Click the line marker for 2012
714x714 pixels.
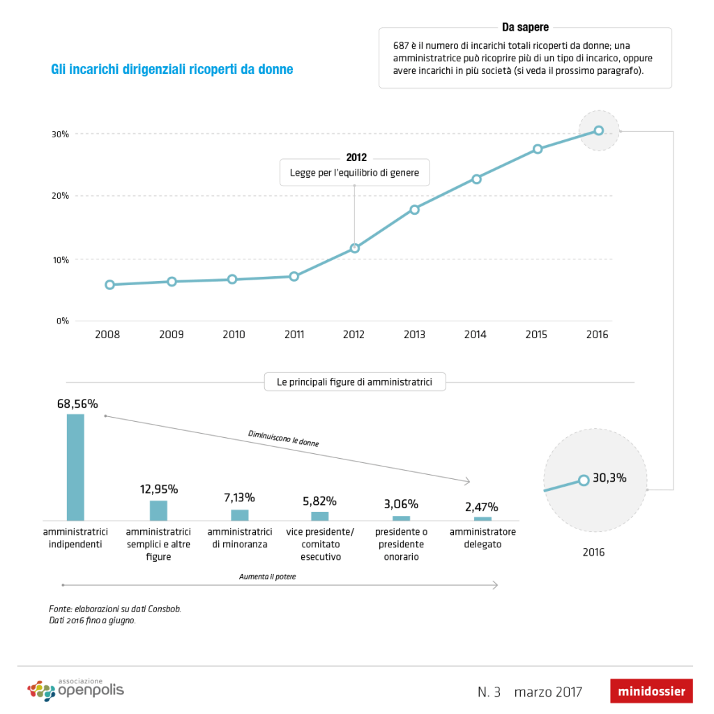[355, 248]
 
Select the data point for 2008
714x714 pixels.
[109, 284]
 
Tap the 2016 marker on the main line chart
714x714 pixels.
[598, 130]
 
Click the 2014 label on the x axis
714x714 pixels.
[475, 335]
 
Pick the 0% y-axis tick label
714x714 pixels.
[62, 321]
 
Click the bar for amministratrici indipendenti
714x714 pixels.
[75, 466]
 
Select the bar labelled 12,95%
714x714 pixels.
[158, 510]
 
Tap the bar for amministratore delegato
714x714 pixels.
[483, 519]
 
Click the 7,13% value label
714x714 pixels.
[239, 498]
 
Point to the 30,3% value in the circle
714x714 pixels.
[609, 478]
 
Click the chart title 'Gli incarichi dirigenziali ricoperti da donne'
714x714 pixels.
[172, 70]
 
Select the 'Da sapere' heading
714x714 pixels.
[525, 27]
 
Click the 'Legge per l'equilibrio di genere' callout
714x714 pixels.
[354, 172]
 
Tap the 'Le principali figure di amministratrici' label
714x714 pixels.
[355, 382]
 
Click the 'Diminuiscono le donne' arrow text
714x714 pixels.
[278, 438]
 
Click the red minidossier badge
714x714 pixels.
[651, 692]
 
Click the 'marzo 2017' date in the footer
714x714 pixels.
[548, 692]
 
